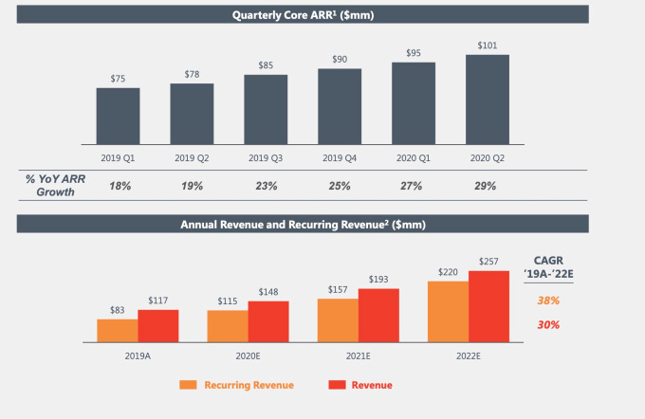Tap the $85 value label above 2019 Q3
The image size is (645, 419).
(266, 65)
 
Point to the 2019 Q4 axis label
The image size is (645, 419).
(340, 157)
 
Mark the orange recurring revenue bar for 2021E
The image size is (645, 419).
(338, 319)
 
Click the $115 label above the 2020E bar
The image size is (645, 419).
(228, 301)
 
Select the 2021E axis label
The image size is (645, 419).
(359, 355)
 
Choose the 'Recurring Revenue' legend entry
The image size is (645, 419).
(237, 385)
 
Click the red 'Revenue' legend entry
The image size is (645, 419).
(360, 385)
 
